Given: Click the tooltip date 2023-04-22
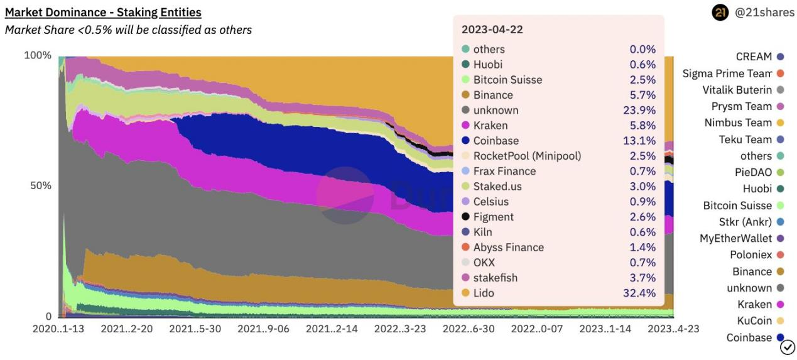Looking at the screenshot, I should (x=492, y=30).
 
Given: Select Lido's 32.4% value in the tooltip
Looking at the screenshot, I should (x=642, y=293).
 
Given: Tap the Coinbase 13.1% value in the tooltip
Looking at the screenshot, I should (x=642, y=141).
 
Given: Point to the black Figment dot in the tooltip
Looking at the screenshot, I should (x=465, y=217).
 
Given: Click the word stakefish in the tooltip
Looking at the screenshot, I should (x=496, y=278).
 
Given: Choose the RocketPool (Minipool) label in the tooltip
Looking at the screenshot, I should (x=527, y=156).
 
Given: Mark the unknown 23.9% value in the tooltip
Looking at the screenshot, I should (x=642, y=110).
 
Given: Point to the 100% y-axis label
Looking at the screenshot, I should (x=38, y=55).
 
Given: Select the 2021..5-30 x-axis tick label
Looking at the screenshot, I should (x=195, y=329).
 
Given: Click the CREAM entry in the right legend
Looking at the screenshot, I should (x=754, y=57).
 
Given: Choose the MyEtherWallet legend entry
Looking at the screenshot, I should (x=735, y=238).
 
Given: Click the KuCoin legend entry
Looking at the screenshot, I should (x=754, y=321).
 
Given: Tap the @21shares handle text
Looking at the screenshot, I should (x=764, y=13).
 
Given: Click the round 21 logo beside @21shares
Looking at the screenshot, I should (x=719, y=13).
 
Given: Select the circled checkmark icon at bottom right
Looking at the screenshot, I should (x=787, y=346).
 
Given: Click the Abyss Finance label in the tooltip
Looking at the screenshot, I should (x=508, y=248).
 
